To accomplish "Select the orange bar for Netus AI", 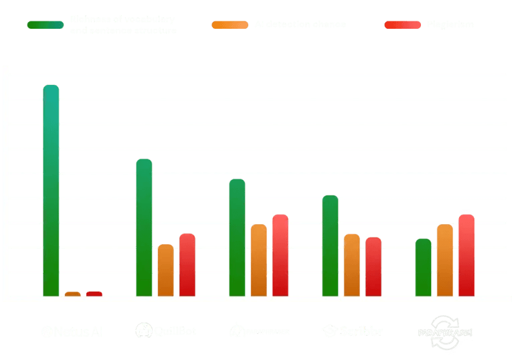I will pyautogui.click(x=72, y=293).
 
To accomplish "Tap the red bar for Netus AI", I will pyautogui.click(x=94, y=293).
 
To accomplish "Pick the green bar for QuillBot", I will pyautogui.click(x=144, y=228).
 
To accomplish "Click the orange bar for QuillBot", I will pyautogui.click(x=165, y=270).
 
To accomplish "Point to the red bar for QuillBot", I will pyautogui.click(x=187, y=265).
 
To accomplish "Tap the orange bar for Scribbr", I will pyautogui.click(x=351, y=265).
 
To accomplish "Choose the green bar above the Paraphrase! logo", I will pyautogui.click(x=423, y=267).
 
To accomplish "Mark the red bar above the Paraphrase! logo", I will pyautogui.click(x=466, y=255).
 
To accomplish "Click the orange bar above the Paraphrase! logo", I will pyautogui.click(x=444, y=260).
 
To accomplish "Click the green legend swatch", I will pyautogui.click(x=46, y=25).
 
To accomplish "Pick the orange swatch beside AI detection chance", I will pyautogui.click(x=230, y=25).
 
